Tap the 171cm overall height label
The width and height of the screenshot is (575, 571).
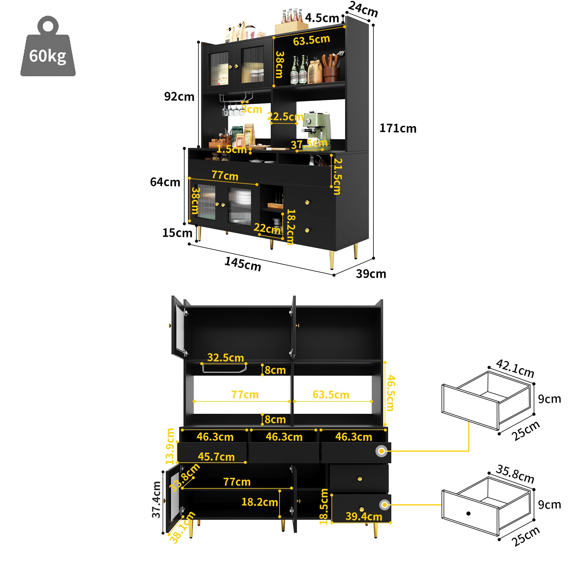tap(398, 128)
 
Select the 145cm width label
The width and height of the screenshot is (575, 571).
tap(243, 264)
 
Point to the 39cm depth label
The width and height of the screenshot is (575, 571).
tap(371, 274)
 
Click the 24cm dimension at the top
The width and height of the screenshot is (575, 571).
tap(363, 9)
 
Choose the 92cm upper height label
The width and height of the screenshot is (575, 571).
tap(179, 97)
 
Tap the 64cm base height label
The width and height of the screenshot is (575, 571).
tap(165, 182)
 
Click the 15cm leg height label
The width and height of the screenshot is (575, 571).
tap(177, 233)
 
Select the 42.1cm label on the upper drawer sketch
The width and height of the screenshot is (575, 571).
tap(515, 369)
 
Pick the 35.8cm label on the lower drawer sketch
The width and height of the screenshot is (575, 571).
tap(515, 474)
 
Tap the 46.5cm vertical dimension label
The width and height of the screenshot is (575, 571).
tap(390, 393)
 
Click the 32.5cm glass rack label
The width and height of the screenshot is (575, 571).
tap(226, 358)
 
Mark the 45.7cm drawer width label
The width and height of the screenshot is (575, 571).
tap(216, 457)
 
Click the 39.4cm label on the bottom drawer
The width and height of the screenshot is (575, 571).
tap(364, 516)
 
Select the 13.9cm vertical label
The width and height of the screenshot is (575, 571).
tap(170, 446)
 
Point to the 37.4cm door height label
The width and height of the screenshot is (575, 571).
tap(156, 500)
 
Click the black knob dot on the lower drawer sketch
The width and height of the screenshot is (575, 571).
tap(468, 514)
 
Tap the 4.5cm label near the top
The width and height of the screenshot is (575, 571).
tap(322, 18)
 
